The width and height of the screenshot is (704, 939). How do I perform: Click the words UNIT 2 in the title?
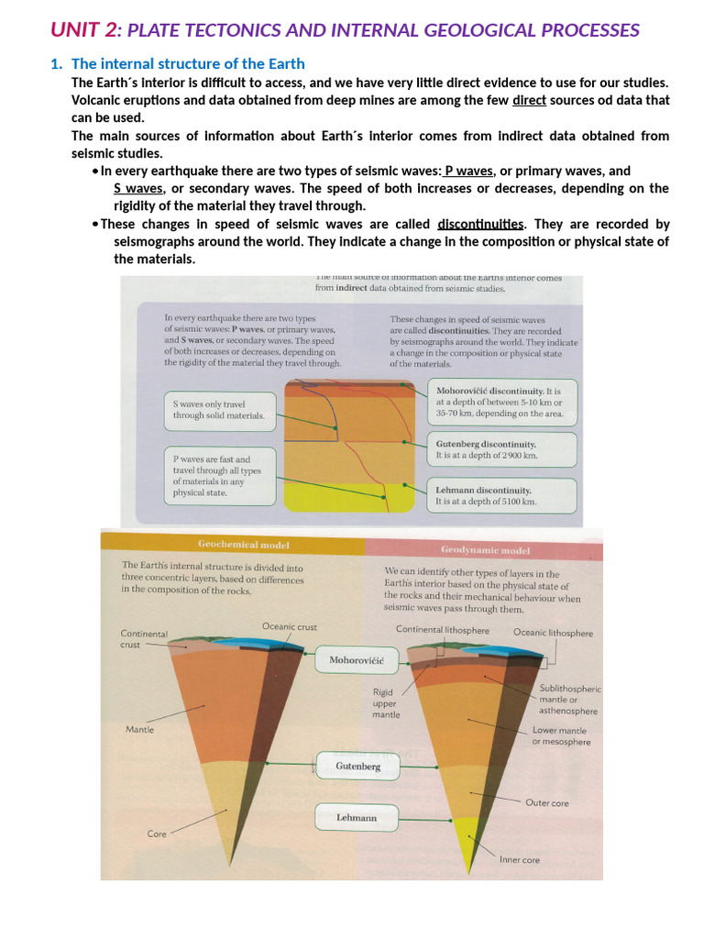(x=84, y=29)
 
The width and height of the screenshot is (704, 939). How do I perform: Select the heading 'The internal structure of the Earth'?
(x=188, y=63)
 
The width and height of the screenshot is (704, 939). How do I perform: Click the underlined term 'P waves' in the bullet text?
(x=469, y=171)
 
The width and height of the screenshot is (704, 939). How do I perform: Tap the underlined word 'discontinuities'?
(x=481, y=224)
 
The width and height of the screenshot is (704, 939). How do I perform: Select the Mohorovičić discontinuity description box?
(x=502, y=401)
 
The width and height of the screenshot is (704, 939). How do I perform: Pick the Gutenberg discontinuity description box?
(x=502, y=449)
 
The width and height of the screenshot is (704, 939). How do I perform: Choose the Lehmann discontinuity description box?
(x=502, y=496)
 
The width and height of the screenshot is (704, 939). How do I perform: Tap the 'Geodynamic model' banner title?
(x=485, y=550)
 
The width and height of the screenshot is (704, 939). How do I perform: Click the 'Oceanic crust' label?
(x=290, y=627)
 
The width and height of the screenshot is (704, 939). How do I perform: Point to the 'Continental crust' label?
(x=144, y=638)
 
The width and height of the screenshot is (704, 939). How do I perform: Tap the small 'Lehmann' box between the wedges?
(x=357, y=817)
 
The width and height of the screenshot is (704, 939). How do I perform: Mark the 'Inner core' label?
(x=520, y=860)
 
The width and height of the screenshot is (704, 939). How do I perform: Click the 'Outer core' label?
(x=547, y=803)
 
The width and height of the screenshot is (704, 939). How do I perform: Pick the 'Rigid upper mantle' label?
(x=386, y=702)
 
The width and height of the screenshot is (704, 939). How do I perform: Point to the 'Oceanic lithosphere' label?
(x=553, y=633)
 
